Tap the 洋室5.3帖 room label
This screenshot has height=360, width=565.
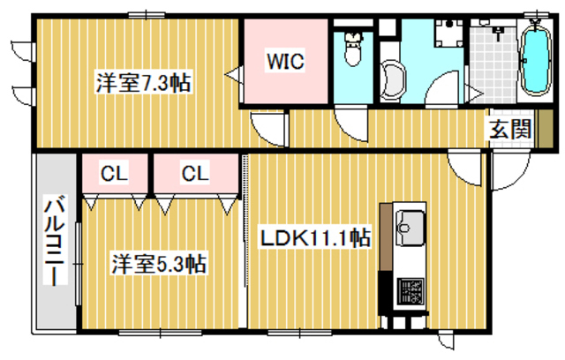pos(159,263)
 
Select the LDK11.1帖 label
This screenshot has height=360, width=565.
pos(314,237)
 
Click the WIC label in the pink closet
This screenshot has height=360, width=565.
pos(286,63)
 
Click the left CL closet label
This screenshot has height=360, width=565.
pos(112,173)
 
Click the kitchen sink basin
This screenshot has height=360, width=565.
pos(409,226)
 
